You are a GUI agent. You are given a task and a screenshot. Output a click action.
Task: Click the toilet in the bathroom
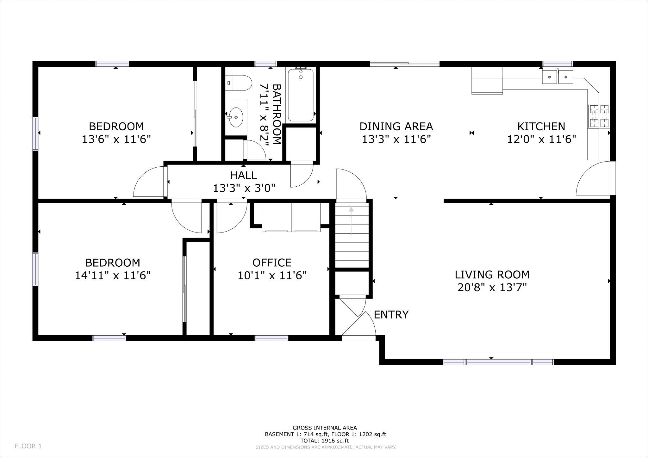[x=239, y=83]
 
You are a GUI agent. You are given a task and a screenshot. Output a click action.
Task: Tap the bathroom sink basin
[x=236, y=117]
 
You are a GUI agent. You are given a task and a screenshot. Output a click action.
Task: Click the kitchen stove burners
[x=599, y=116]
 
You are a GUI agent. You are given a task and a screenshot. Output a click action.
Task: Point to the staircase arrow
[x=351, y=221]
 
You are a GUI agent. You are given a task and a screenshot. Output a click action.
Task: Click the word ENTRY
[x=391, y=315]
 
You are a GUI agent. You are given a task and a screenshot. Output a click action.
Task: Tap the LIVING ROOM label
[x=492, y=275]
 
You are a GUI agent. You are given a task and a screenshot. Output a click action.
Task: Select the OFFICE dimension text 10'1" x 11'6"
[x=272, y=276]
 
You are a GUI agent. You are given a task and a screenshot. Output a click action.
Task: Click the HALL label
[x=243, y=175]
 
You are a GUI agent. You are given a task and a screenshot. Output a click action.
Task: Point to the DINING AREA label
[x=396, y=127]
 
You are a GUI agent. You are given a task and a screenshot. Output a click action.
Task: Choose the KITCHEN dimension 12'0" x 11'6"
[x=541, y=139]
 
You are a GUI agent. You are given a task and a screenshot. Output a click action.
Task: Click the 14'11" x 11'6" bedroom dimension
[x=113, y=276]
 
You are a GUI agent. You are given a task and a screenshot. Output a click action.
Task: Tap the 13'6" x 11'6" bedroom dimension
[x=116, y=139]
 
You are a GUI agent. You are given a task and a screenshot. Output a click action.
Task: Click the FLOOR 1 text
[x=28, y=446]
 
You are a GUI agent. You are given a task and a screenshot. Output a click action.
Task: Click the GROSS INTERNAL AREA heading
[x=325, y=428]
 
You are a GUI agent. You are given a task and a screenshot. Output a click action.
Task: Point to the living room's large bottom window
[x=498, y=362]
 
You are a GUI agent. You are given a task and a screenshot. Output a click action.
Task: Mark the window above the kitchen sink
[x=558, y=64]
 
